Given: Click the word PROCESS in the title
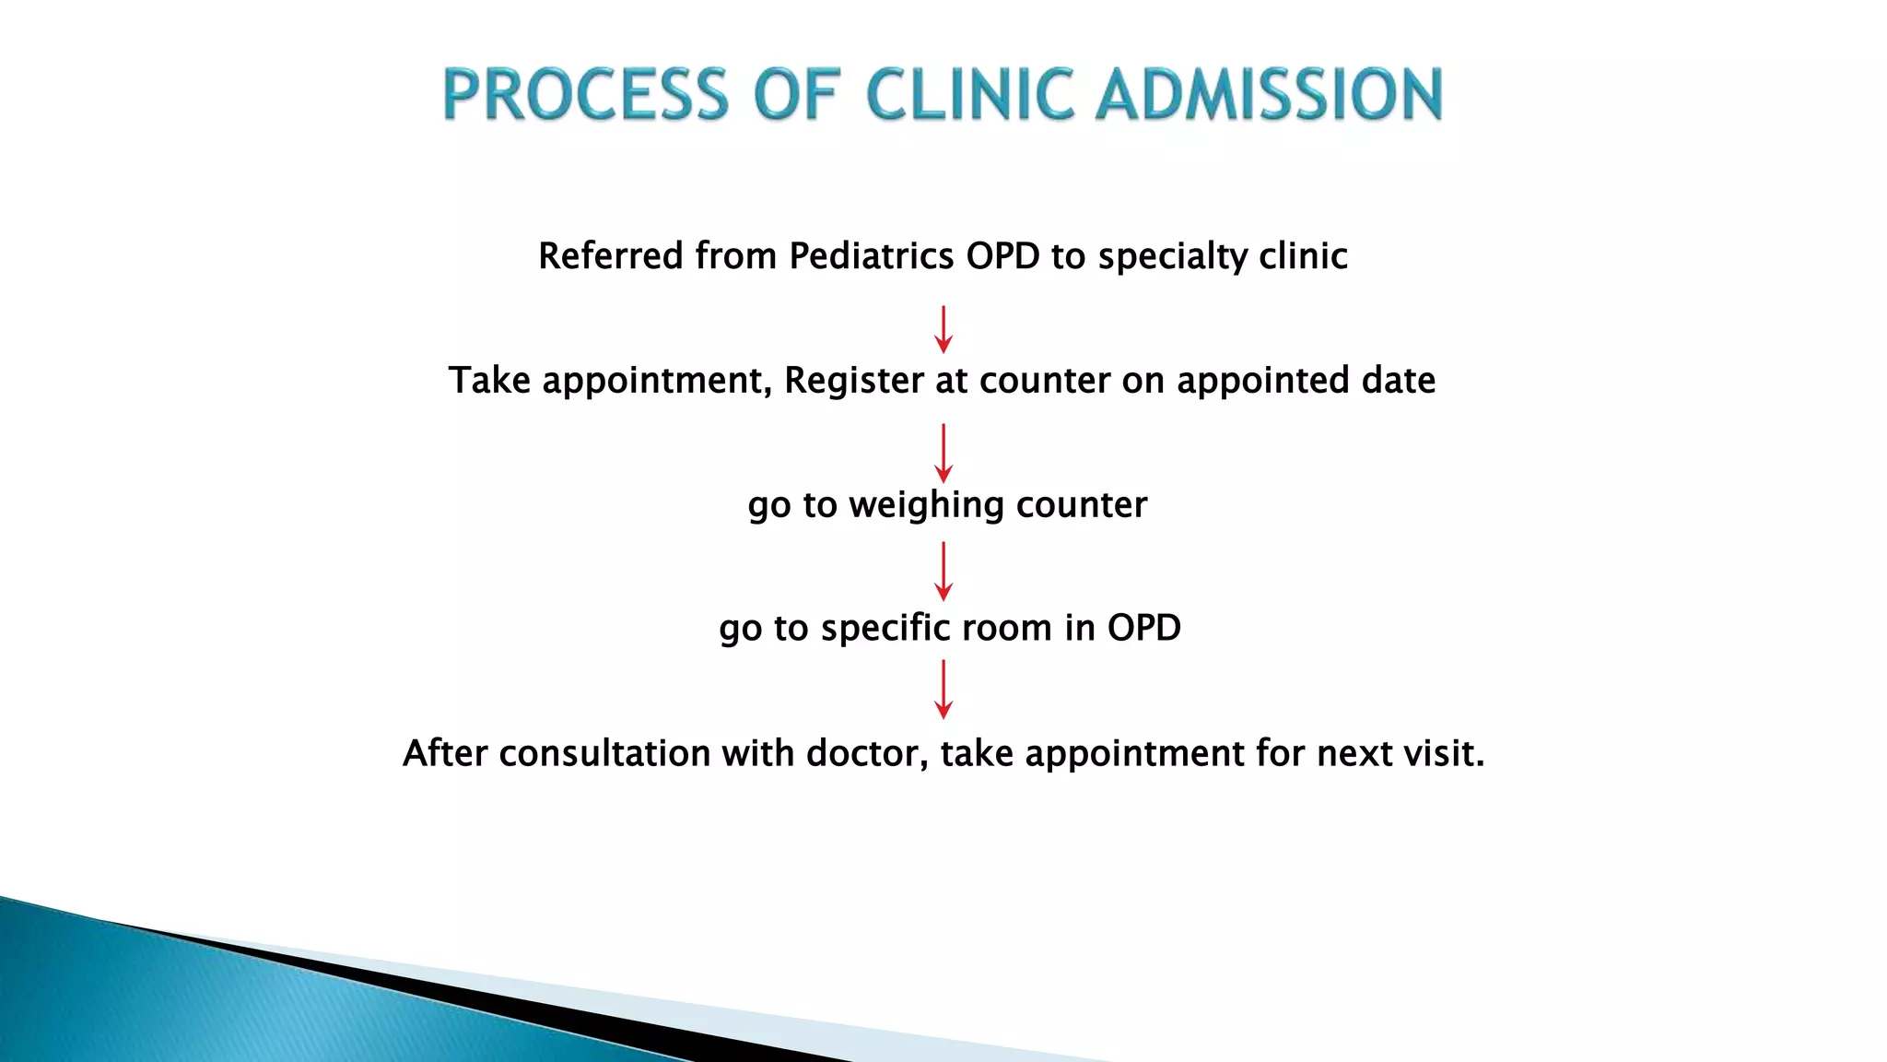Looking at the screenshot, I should [586, 95].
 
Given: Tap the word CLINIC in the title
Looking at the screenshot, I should [970, 95].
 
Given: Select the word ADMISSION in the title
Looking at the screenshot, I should [1269, 95].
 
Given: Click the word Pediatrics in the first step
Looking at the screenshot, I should [871, 256].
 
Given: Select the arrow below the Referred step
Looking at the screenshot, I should [943, 330].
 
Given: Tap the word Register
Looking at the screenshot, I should [853, 381].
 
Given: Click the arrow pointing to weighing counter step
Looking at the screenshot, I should [943, 453].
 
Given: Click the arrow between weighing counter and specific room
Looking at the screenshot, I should [943, 571].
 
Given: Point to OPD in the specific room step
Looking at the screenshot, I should [1143, 629].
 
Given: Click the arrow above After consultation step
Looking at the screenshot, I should [943, 689].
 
